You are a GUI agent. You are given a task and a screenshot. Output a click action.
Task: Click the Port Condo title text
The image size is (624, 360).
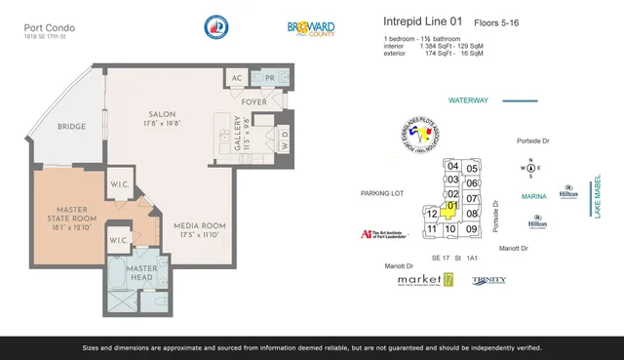pos(45,28)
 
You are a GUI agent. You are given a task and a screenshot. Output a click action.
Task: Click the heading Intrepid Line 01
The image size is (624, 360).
pos(423,20)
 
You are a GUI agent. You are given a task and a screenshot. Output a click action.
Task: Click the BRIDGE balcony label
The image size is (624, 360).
pos(71,126)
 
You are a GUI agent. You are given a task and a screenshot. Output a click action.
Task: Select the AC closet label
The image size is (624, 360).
pos(236,78)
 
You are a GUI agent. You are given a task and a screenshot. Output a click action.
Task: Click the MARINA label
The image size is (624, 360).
pos(533,196)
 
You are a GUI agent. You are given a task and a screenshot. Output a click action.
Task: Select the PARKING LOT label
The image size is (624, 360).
pos(382,193)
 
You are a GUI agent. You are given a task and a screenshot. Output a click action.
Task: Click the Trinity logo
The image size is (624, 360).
pos(488,280)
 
